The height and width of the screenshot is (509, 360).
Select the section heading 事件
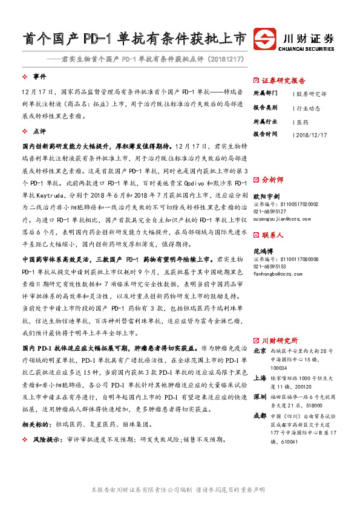point(40,77)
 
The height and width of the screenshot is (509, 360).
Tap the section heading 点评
point(40,131)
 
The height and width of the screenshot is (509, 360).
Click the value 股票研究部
point(311,94)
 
